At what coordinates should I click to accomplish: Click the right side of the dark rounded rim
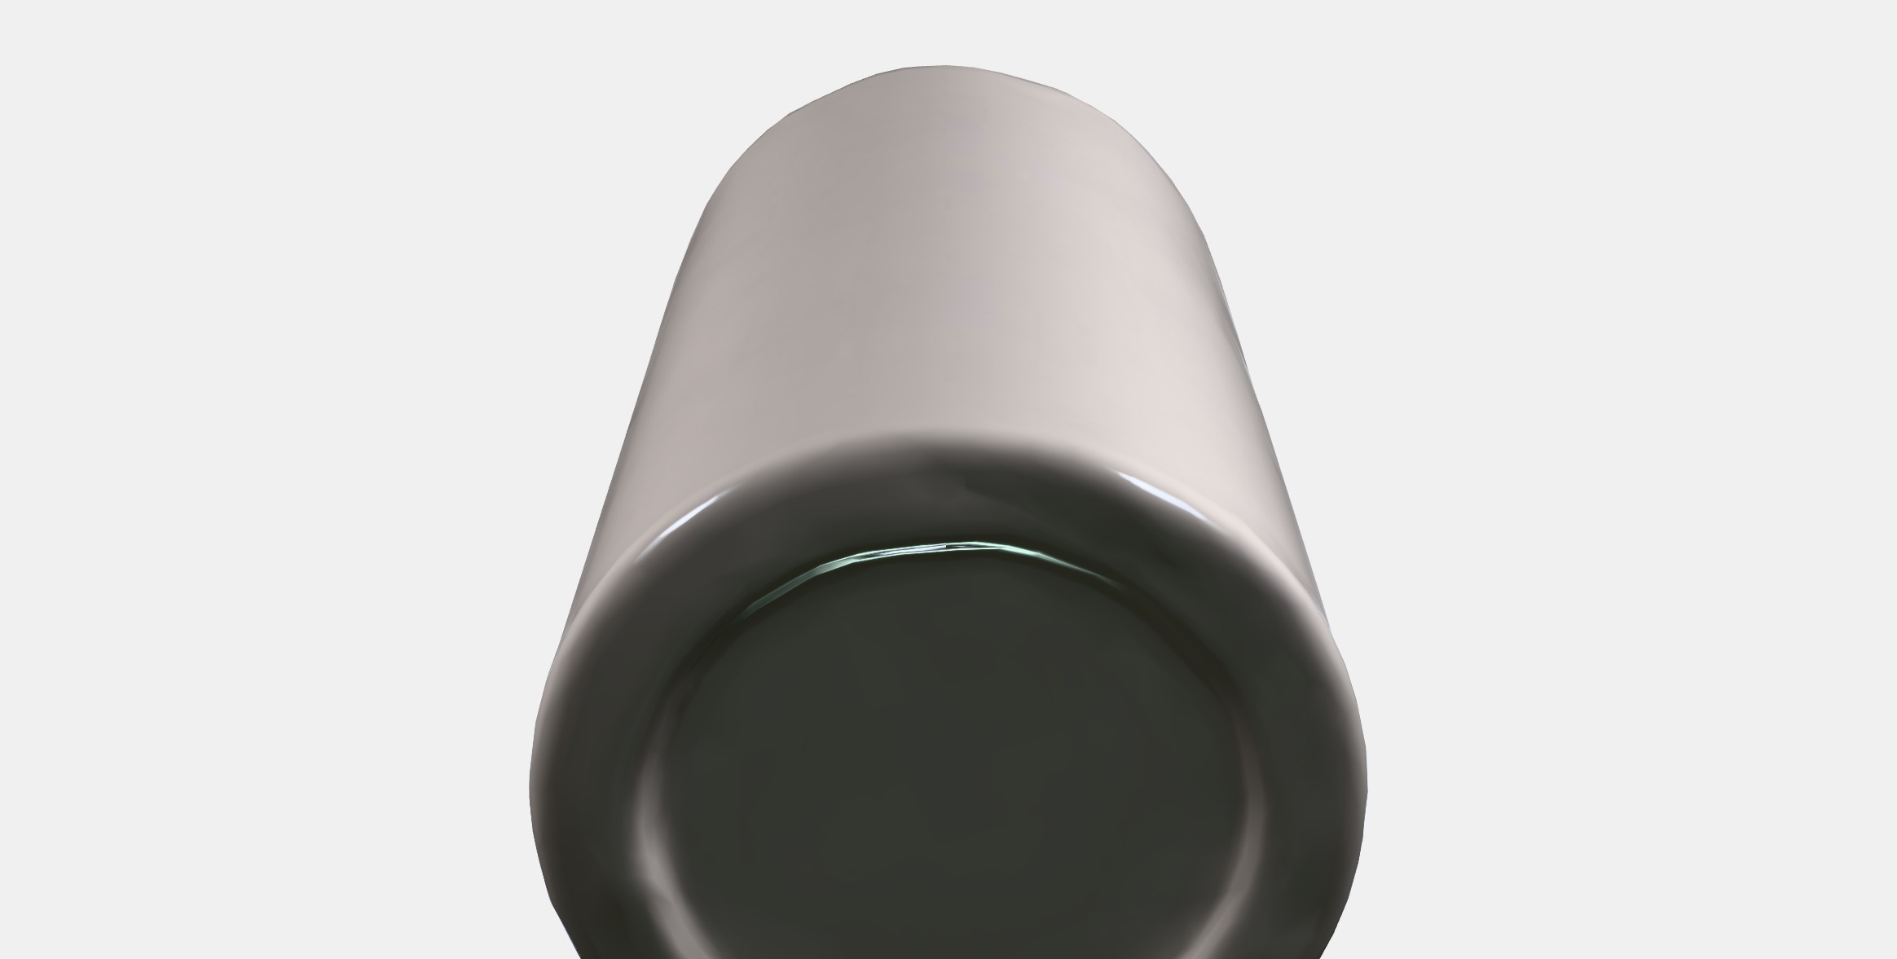(x=1296, y=717)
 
